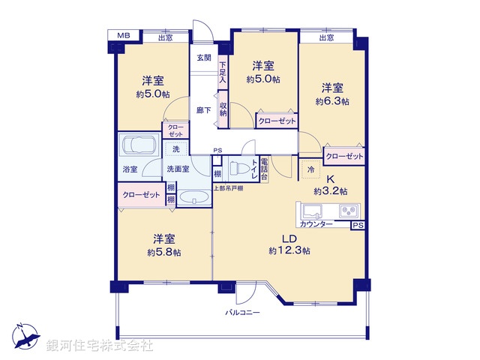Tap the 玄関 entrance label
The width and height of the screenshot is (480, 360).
[x=204, y=58]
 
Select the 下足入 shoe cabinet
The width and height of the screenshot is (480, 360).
[x=222, y=72]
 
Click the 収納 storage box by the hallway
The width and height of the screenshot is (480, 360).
[x=223, y=106]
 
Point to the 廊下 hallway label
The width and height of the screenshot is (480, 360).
[x=203, y=109]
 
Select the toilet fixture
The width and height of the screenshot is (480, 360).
[x=238, y=167]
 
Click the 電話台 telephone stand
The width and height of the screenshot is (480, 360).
[x=255, y=169]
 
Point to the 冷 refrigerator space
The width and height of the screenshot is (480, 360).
[x=311, y=169]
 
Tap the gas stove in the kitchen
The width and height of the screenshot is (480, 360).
[x=349, y=211]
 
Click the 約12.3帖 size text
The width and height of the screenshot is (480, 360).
[x=289, y=250]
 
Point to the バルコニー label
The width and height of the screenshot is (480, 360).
[x=243, y=311]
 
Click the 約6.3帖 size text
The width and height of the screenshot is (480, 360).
[x=331, y=101]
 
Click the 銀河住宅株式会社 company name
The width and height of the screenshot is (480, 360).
[x=100, y=346]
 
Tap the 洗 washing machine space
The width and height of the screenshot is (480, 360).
[x=175, y=149]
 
